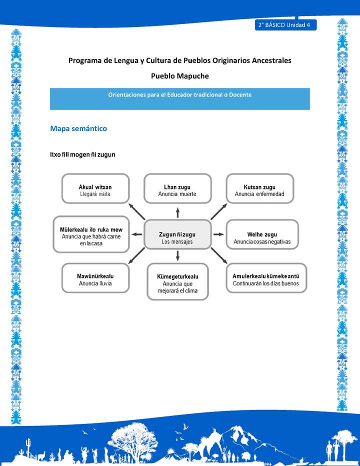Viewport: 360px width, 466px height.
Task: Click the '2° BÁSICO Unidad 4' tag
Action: pos(285,25)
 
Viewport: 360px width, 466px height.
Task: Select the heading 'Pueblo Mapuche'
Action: pos(179,76)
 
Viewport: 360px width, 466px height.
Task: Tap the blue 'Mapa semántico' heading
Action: pos(78,128)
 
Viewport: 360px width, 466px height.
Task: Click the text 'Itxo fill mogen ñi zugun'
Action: pos(82,154)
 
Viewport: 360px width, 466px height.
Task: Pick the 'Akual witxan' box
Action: pos(95,188)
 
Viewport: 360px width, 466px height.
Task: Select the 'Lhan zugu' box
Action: pos(177,188)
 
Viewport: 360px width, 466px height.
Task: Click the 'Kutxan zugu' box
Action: pos(259,188)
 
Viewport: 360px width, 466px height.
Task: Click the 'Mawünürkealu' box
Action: pos(95,278)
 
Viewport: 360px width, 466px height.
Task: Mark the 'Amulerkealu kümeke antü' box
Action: pos(266,278)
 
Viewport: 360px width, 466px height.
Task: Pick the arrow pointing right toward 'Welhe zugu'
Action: pos(218,234)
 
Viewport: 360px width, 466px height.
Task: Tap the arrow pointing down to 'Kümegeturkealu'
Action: pos(177,256)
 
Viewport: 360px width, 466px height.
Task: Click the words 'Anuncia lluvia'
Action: pos(95,283)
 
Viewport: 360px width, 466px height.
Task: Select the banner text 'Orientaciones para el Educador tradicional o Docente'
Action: pos(179,94)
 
